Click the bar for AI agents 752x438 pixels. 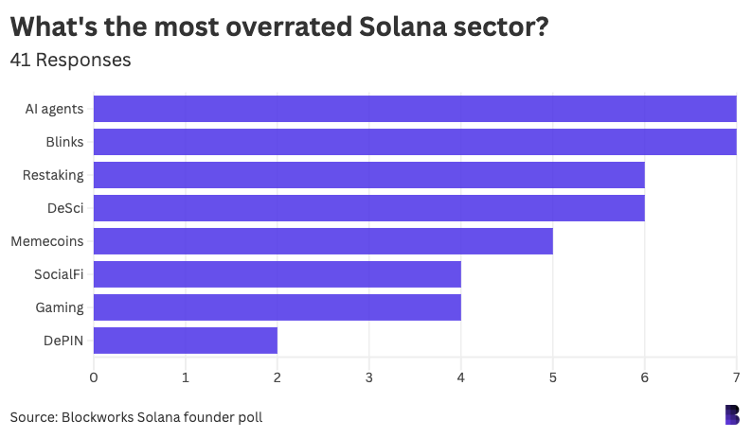click(x=415, y=109)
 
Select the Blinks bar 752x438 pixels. click(x=415, y=142)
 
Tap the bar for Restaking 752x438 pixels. click(x=368, y=175)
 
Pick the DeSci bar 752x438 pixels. click(x=368, y=208)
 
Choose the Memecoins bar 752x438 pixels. click(x=323, y=241)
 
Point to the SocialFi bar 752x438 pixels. click(x=277, y=274)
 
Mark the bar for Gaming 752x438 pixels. click(x=277, y=307)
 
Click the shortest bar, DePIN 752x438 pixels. click(x=185, y=341)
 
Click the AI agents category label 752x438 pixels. click(x=54, y=109)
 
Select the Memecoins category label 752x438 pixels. click(x=47, y=241)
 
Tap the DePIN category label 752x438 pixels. click(x=64, y=341)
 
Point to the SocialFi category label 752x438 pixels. click(x=60, y=274)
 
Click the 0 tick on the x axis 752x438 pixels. click(x=93, y=377)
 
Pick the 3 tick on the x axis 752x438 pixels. click(x=368, y=377)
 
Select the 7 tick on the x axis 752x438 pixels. click(x=736, y=377)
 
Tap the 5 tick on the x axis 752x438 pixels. click(x=552, y=377)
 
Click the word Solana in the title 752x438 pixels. click(x=404, y=26)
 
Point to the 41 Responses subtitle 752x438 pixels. click(x=70, y=60)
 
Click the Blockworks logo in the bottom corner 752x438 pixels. click(x=731, y=414)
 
